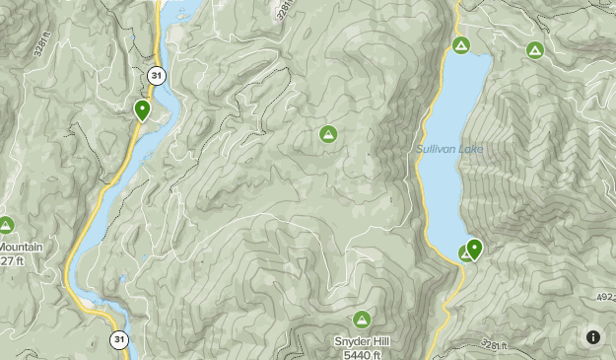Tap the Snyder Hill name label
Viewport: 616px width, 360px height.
[363, 341]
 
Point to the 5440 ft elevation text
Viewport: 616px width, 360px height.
[363, 353]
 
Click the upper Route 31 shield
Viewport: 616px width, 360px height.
[156, 75]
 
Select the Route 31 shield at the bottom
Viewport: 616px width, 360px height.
[119, 339]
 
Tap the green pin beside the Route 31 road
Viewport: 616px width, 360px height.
[143, 109]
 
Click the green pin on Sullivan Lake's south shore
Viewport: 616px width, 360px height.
[474, 249]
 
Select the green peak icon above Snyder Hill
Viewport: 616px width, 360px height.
[362, 319]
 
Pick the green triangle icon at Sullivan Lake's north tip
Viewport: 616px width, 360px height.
[460, 45]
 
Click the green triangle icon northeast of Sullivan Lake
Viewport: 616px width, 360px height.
[534, 49]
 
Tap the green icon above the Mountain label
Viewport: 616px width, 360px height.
[6, 226]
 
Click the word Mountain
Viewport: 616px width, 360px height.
[19, 247]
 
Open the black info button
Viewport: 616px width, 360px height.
[593, 337]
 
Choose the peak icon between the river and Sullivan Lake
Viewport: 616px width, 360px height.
[328, 134]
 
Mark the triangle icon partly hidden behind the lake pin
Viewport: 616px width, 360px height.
[465, 254]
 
